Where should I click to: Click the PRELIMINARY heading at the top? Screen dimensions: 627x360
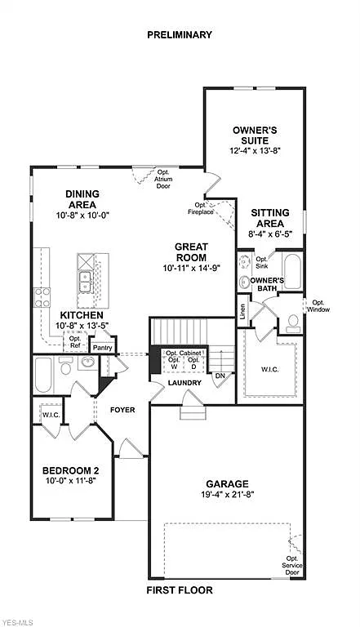[x=180, y=35]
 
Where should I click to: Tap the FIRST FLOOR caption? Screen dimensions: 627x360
[x=180, y=589]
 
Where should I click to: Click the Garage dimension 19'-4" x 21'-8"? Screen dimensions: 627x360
[x=227, y=496]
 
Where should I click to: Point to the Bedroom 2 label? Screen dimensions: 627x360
[x=70, y=470]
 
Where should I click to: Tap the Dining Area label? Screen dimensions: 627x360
[x=82, y=198]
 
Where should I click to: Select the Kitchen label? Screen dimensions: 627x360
[x=81, y=315]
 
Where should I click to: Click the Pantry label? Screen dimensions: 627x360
[x=102, y=347]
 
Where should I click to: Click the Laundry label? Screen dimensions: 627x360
[x=184, y=382]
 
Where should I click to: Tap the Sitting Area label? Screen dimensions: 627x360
[x=267, y=217]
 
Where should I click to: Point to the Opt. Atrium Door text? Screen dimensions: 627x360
[x=163, y=179]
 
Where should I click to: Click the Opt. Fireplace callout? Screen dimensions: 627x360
[x=203, y=208]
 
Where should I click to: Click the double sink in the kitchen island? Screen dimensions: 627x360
[x=85, y=281]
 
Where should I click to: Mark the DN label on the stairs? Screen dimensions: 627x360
[x=220, y=376]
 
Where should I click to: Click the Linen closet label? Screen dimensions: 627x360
[x=242, y=311]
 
